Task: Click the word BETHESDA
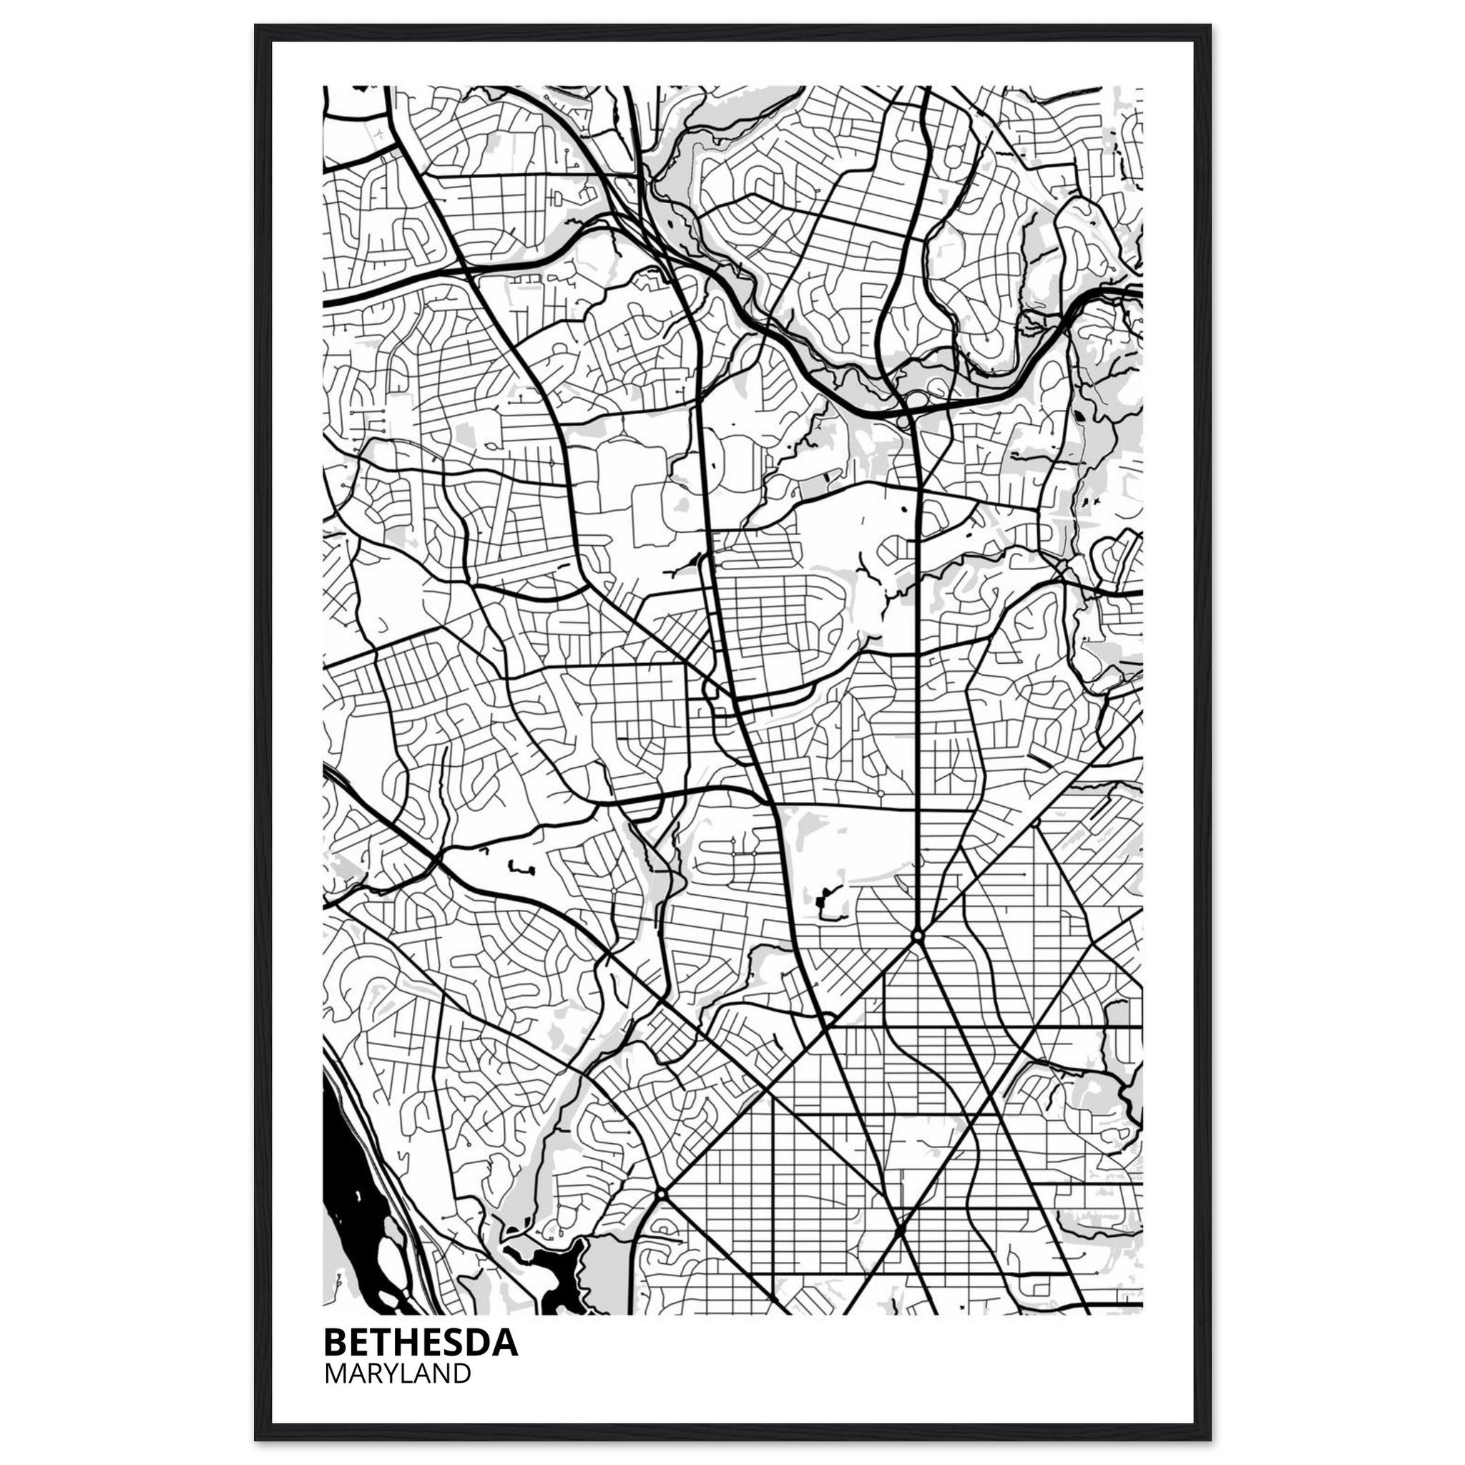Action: [421, 1342]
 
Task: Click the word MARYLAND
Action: [397, 1373]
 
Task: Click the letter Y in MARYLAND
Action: [383, 1373]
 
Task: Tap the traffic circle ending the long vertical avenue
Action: [918, 938]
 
